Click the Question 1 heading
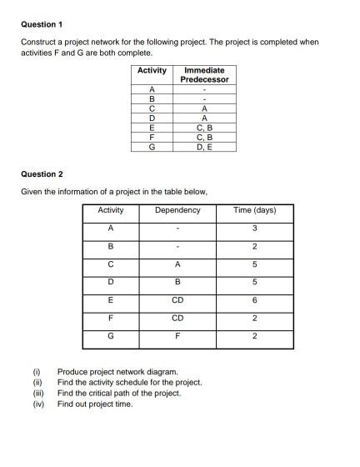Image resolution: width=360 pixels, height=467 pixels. point(42,24)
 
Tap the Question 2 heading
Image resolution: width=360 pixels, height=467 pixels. point(42,174)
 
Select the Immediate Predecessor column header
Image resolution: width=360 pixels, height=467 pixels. point(204,74)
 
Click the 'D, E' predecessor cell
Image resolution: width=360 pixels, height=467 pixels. point(204,146)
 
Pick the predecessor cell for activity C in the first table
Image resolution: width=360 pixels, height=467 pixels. point(204,108)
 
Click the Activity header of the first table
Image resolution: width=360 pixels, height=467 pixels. point(152,70)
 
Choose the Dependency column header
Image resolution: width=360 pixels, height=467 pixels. point(177,209)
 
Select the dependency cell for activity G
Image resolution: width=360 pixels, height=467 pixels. point(177,336)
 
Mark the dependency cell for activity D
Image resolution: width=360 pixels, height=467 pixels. point(177,282)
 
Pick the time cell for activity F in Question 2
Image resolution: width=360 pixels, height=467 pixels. point(254,318)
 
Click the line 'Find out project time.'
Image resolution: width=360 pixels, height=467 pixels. point(95,404)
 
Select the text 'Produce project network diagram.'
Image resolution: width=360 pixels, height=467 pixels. point(117,371)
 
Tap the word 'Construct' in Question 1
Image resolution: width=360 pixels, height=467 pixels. point(38,41)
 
